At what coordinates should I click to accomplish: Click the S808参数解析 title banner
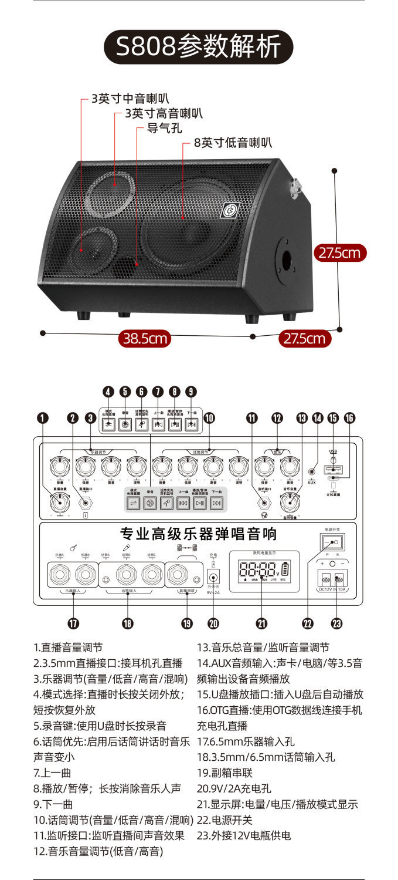coord(198,48)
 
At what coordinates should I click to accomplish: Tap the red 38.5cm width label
coord(145,339)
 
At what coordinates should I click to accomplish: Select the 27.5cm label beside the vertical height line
coord(339,253)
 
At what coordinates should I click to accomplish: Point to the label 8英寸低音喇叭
coord(233,143)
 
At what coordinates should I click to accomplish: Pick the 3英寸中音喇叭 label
coord(130,99)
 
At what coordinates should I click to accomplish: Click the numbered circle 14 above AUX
coord(318,418)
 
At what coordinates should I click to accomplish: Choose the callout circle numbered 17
coord(74,623)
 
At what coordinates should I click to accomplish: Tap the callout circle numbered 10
coord(209,418)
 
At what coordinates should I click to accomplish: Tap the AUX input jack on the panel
coord(312,470)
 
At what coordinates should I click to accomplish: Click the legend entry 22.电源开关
coord(224,820)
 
